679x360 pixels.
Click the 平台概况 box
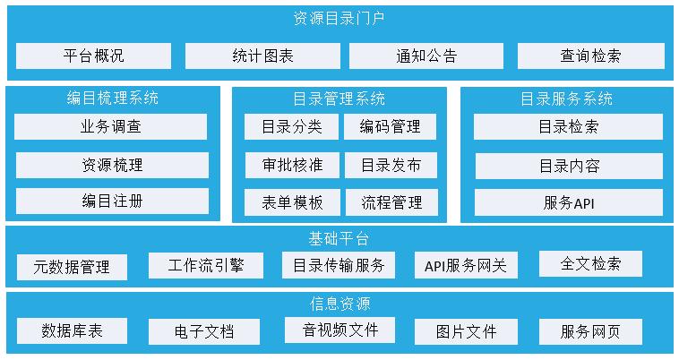pos(93,56)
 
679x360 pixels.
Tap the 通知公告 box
pos(426,56)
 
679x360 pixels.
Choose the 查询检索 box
pos(590,56)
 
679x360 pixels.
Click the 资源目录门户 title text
pos(339,17)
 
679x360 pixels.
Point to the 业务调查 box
pos(111,126)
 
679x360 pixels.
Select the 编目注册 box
pos(111,201)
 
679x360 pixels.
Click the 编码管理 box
pos(391,126)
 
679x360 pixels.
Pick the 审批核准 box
pos(292,165)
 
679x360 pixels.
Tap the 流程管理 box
pos(391,202)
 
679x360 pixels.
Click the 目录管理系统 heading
pos(339,98)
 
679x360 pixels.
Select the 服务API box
pos(568,202)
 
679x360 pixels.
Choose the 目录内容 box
pos(568,166)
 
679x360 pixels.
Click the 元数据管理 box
pos(72,267)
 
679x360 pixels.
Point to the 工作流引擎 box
pos(205,265)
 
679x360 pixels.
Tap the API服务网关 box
pos(465,265)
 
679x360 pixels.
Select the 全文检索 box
pos(589,263)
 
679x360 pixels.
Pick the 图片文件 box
pos(466,331)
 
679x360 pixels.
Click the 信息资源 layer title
pos(339,303)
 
